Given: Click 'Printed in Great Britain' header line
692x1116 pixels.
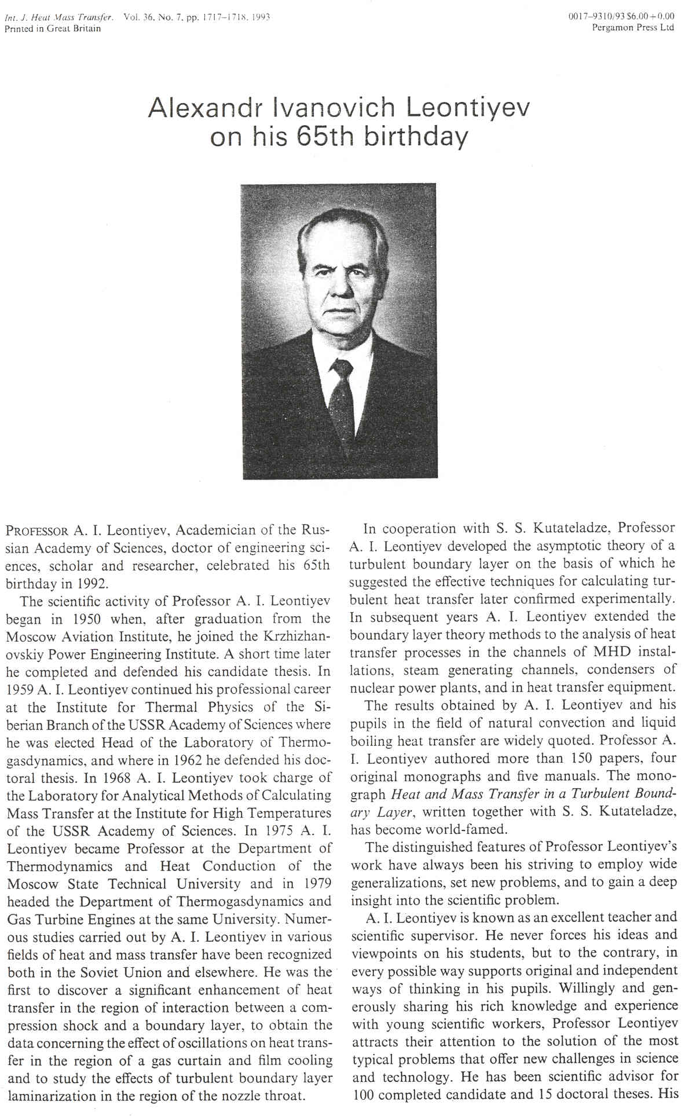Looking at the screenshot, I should pos(53,28).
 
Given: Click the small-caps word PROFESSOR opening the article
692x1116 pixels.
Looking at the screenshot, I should pos(38,530).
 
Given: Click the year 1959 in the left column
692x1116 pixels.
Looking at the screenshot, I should pos(19,690).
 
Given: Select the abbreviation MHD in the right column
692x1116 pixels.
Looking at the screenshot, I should pos(616,652).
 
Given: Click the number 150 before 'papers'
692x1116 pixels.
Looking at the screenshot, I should pos(582,758).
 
